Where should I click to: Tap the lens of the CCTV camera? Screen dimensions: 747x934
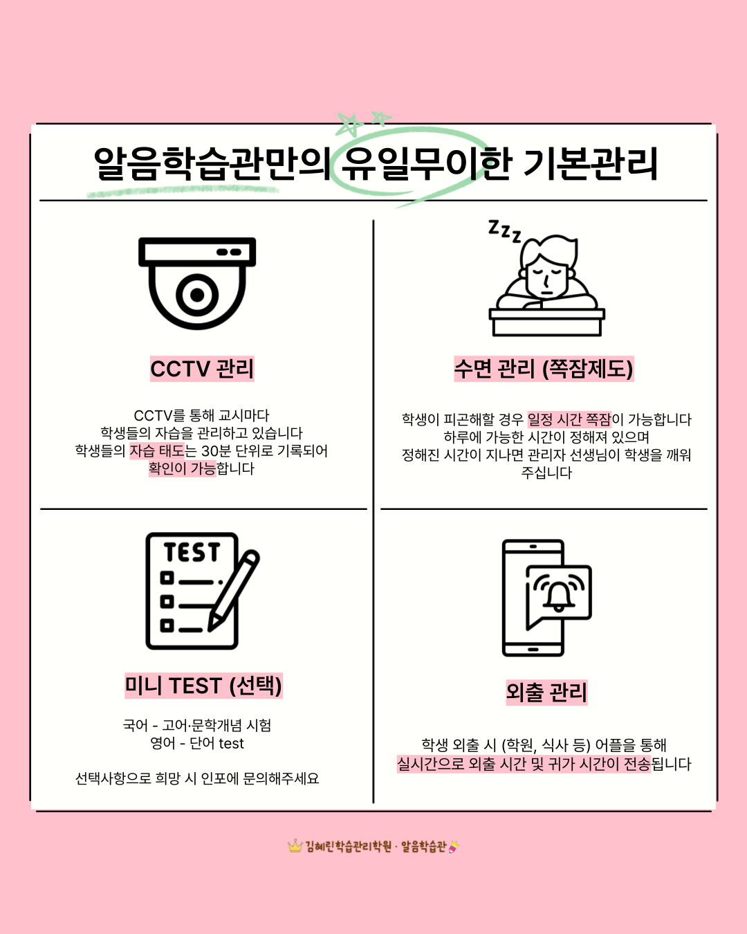(x=197, y=295)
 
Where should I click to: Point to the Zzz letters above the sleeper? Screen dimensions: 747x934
(x=504, y=231)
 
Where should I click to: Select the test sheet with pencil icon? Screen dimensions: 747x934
(x=203, y=591)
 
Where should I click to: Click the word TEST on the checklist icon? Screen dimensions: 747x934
(x=192, y=552)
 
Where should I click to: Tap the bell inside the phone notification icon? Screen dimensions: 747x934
(x=559, y=596)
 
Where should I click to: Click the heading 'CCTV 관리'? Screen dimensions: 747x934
(x=202, y=369)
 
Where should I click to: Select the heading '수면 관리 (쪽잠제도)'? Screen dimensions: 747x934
(x=544, y=369)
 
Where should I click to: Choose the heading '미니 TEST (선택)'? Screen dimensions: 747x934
(x=203, y=686)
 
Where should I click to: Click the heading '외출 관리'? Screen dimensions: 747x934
(x=546, y=693)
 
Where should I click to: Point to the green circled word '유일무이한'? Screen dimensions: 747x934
(x=426, y=164)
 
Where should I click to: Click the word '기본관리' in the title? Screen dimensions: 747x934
(x=590, y=164)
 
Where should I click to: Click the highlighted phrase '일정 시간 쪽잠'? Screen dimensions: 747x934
(x=569, y=419)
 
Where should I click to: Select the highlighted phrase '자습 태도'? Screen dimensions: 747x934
(x=157, y=451)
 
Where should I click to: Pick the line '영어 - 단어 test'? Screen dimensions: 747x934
(x=197, y=744)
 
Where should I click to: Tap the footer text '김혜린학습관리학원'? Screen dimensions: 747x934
(x=348, y=846)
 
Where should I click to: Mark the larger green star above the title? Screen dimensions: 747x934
(x=349, y=125)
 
